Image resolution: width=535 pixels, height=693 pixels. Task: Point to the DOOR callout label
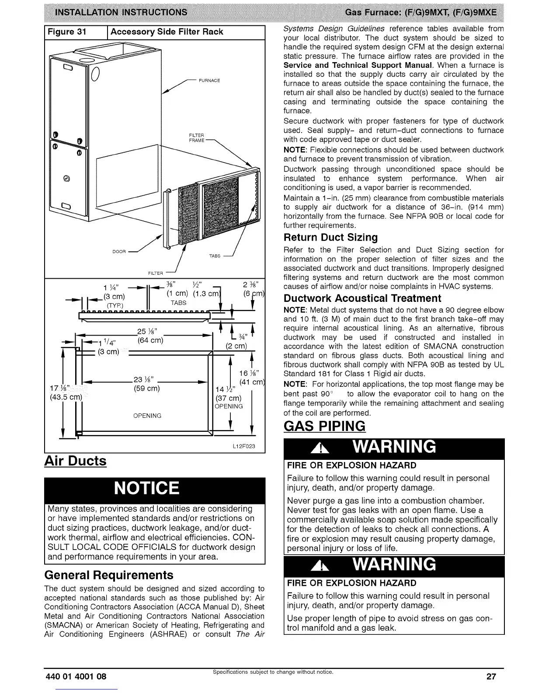[x=119, y=252]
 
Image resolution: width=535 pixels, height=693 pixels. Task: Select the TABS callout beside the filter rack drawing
[x=215, y=256]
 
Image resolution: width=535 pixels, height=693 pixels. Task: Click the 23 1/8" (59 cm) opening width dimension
[x=146, y=384]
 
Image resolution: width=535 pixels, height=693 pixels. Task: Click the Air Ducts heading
[x=75, y=461]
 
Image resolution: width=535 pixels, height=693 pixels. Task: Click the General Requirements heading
[x=109, y=574]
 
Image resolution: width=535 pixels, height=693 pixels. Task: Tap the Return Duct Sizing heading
[x=330, y=238]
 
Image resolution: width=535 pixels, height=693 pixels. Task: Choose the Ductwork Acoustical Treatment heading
[x=362, y=298]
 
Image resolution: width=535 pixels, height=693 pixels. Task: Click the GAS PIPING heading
[x=324, y=426]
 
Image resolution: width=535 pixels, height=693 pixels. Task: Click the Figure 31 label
[x=67, y=32]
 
